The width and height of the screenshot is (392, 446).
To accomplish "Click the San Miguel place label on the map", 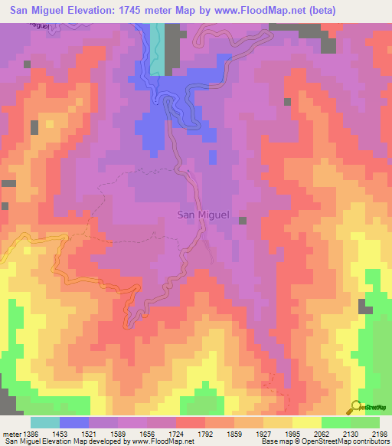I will click(204, 215).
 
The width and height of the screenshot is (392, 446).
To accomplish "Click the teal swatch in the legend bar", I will click(44, 422).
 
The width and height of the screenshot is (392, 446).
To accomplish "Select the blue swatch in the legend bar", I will click(73, 422).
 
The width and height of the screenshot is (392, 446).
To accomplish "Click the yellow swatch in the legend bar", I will click(306, 422).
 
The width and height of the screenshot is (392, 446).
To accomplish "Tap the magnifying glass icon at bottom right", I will click(355, 406).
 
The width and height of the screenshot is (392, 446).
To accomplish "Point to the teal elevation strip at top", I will click(157, 49).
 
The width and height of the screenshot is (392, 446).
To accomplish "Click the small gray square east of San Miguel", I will click(243, 221).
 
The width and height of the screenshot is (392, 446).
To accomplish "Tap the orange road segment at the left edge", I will click(6, 261).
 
